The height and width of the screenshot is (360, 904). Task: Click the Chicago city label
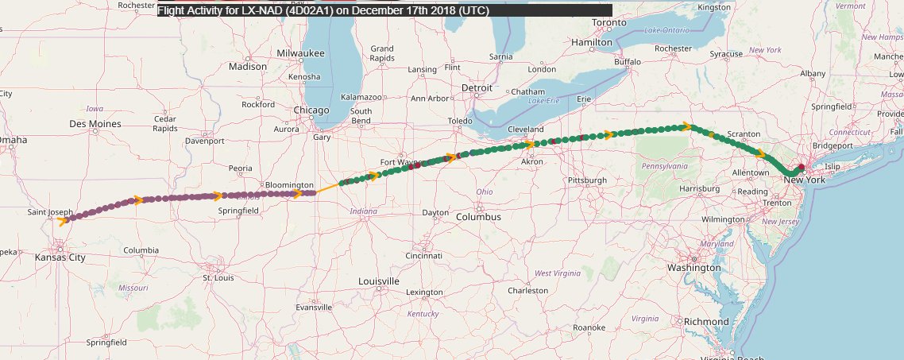(311, 110)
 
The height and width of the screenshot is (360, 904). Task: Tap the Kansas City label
(60, 257)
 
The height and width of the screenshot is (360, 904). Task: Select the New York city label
(805, 180)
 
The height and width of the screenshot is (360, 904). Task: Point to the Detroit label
(477, 87)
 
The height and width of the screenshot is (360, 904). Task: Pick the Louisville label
(379, 281)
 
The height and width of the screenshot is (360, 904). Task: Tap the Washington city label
(693, 268)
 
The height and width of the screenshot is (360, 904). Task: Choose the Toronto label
(632, 23)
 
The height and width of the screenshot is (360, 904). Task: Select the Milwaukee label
(301, 52)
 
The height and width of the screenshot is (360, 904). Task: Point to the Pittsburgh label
(587, 180)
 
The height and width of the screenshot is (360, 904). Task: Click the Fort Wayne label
(399, 162)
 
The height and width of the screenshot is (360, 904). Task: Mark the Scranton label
(744, 134)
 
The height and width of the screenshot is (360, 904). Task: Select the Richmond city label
(706, 322)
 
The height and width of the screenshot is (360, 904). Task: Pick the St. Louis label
(218, 278)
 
